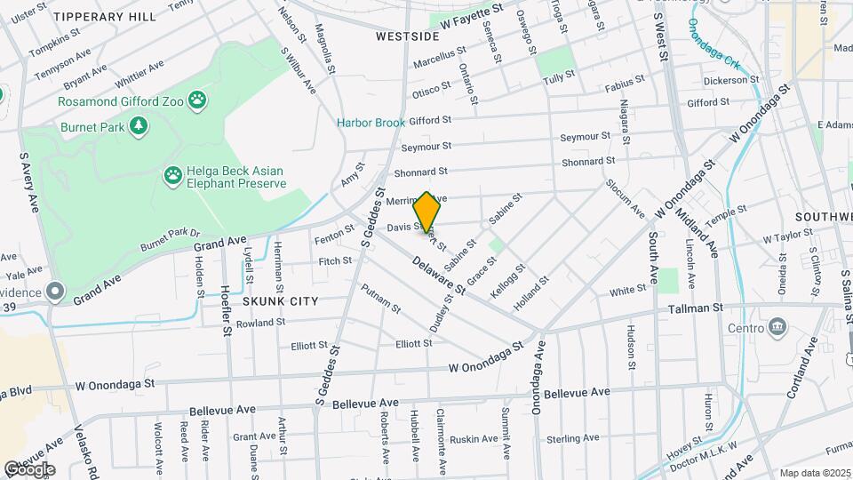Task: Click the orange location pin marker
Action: [x=427, y=213]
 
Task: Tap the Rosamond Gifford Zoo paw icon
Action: [x=197, y=101]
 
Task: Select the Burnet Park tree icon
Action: [x=137, y=127]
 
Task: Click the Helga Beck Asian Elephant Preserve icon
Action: [x=173, y=176]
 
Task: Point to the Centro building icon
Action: [x=778, y=327]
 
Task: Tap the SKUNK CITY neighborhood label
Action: [x=280, y=302]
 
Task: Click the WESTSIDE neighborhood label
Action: [x=407, y=36]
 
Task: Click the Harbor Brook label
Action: [x=371, y=123]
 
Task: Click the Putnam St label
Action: [x=380, y=298]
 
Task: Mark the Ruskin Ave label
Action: [x=473, y=439]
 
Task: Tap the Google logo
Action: [x=29, y=469]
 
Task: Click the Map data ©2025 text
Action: [x=815, y=473]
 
